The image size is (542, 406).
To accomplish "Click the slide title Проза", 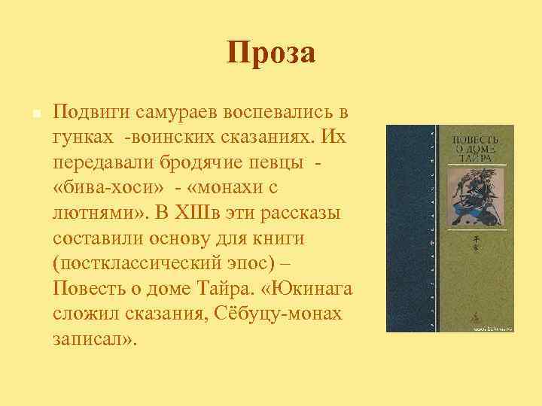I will pos(271,53).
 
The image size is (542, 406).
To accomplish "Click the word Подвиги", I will pos(91,113).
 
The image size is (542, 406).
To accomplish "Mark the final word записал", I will pos(94,338).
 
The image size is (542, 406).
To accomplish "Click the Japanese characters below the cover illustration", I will pos(475,241).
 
